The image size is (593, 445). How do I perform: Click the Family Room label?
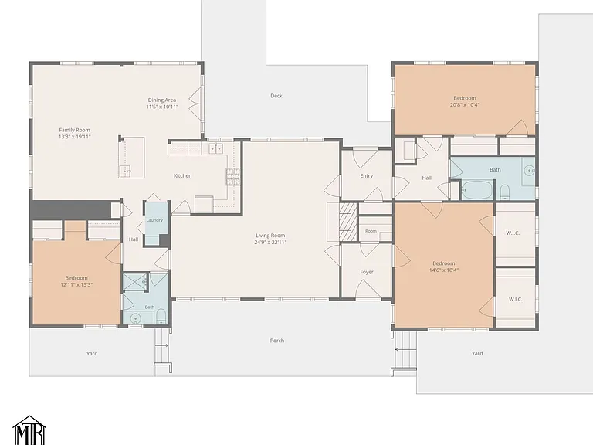point(74,130)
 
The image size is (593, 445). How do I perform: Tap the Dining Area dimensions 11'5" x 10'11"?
point(162,107)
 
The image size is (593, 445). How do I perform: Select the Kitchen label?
point(183,175)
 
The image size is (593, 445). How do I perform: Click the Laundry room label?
point(154,220)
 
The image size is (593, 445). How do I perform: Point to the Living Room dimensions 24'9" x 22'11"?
point(270,242)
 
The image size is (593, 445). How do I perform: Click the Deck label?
point(276,96)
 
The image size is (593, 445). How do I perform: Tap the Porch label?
point(277,341)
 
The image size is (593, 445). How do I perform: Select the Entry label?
point(367,175)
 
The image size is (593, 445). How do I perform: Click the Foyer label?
point(367,272)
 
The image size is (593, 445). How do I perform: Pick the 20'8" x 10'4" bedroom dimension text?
point(465,105)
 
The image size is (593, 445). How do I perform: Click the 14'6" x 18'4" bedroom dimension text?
point(444,270)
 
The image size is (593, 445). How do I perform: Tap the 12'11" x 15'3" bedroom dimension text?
point(76,284)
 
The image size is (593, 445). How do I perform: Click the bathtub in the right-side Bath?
point(477,190)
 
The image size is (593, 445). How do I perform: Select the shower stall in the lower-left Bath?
point(135,282)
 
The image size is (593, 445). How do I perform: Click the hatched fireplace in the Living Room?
point(348,222)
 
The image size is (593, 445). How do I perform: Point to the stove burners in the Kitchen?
point(233,177)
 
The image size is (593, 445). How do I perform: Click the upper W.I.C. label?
point(513,233)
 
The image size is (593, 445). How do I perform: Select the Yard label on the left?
point(92,353)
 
